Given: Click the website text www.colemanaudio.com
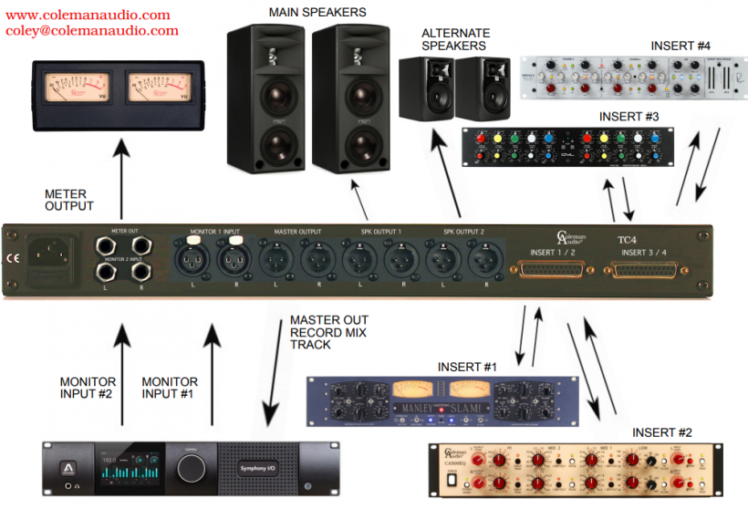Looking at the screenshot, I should [88, 15].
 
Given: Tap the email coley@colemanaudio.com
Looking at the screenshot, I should [91, 30].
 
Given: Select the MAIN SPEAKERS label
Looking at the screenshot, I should [317, 12].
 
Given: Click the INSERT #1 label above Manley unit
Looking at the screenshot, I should [467, 367].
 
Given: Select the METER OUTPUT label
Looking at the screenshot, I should [69, 200].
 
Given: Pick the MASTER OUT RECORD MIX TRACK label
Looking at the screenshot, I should [328, 333].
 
